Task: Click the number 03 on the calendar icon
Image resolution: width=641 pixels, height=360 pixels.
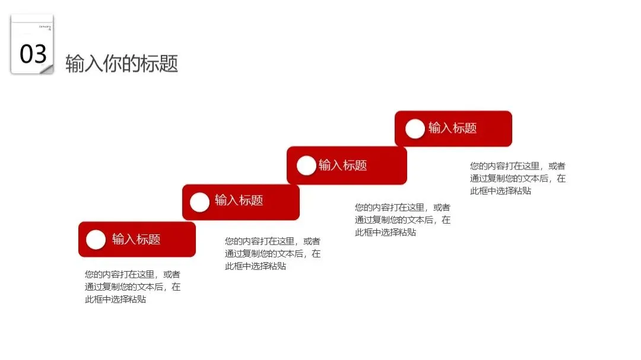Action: [x=33, y=54]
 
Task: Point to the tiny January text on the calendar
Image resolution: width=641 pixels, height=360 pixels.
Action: [x=45, y=27]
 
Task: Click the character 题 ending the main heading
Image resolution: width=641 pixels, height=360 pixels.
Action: [x=169, y=63]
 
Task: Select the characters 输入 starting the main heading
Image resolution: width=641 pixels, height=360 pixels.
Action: [x=84, y=63]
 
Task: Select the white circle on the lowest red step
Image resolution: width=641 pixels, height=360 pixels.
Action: [x=96, y=239]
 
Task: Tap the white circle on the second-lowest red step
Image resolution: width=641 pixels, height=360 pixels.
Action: [x=199, y=202]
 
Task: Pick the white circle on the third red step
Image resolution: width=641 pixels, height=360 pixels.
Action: [x=306, y=165]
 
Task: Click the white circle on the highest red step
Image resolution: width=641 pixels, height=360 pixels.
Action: [x=415, y=128]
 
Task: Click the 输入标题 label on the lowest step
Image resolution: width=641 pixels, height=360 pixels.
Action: [x=136, y=239]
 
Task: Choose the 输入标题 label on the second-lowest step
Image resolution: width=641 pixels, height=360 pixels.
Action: [x=239, y=200]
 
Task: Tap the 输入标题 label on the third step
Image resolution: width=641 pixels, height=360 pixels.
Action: [x=342, y=165]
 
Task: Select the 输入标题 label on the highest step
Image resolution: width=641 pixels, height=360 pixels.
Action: [x=452, y=128]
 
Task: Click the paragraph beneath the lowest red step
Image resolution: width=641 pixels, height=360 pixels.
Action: [x=132, y=287]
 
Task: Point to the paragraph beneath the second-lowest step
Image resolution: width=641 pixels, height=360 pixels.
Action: [x=272, y=254]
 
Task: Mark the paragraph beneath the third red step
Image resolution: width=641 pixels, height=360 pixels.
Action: [x=402, y=220]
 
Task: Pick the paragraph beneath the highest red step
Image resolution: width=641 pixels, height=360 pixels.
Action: [x=518, y=179]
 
